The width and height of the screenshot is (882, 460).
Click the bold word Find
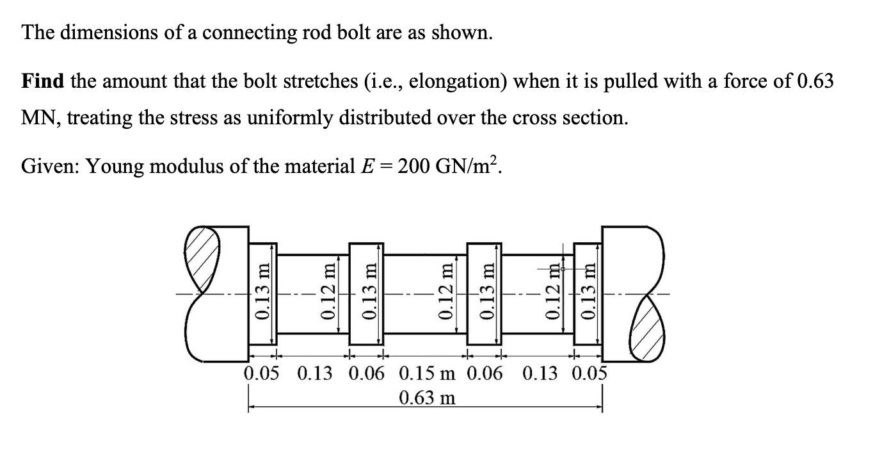(43, 81)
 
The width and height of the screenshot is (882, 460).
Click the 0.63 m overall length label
(427, 398)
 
